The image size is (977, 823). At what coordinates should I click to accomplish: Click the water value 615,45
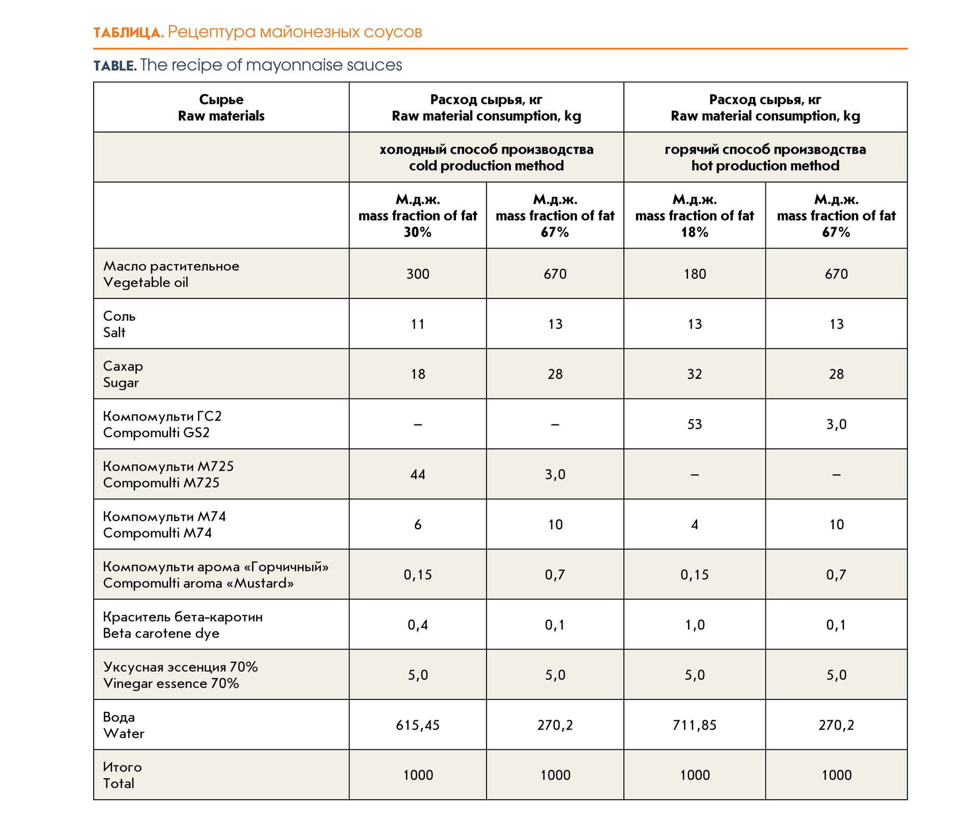418,725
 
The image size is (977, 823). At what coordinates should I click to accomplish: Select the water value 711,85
695,725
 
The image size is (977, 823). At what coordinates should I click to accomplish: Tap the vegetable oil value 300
418,274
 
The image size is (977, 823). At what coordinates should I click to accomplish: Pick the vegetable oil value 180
695,274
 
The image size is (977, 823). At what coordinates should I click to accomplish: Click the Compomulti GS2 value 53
695,424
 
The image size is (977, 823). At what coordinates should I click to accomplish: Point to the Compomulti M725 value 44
418,474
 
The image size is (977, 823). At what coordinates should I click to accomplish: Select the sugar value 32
695,374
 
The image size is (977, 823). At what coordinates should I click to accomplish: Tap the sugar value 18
418,374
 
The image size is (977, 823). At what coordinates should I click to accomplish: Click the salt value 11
418,324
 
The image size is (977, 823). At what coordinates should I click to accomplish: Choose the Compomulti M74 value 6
418,525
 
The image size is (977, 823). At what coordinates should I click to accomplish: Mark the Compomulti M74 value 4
695,525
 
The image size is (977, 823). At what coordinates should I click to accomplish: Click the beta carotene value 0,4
418,625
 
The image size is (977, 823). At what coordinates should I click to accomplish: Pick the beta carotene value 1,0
695,625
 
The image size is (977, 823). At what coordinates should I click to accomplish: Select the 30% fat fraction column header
418,216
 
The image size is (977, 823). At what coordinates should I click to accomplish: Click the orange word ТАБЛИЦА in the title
129,33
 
